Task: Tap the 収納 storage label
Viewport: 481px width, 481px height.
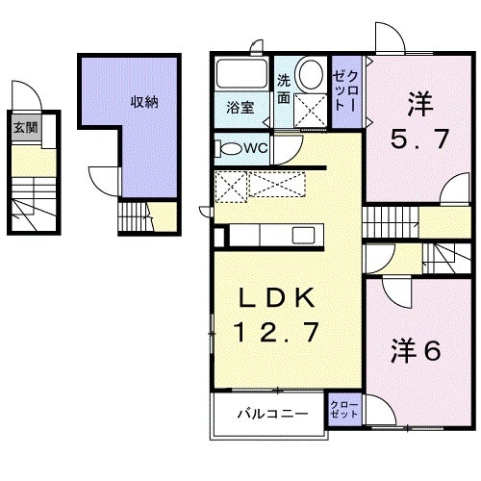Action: [x=144, y=101]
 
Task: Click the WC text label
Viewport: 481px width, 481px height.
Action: [x=255, y=148]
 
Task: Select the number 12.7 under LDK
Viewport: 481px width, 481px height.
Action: [x=275, y=334]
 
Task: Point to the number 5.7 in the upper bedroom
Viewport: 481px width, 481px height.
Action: [x=419, y=139]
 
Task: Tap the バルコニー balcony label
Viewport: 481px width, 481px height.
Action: [x=273, y=415]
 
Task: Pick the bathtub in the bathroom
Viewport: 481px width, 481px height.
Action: [x=244, y=75]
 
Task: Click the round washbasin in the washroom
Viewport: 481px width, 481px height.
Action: [x=311, y=75]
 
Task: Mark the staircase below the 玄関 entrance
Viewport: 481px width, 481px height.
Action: [x=33, y=202]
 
